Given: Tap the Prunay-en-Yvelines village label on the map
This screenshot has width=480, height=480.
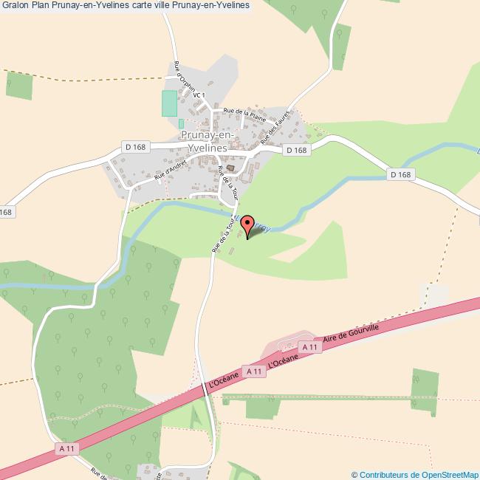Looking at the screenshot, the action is pos(208,142).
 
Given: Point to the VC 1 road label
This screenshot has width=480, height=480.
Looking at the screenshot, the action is pos(198,95).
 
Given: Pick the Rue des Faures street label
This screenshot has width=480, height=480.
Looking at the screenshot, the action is pos(278,131).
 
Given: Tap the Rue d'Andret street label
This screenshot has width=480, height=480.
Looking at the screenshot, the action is pos(168,171).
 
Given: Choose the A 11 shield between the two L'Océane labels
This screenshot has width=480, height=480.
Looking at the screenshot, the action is pos(253,371).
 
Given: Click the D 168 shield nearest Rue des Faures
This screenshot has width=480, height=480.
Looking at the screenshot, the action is pos(296,150).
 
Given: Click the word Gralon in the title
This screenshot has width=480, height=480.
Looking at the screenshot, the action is pos(15,6).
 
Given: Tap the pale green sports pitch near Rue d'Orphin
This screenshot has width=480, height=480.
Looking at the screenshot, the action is pos(170,103).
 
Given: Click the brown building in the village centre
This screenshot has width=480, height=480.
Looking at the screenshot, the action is pos(230,168).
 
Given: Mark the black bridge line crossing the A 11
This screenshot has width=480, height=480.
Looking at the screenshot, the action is pos(205,388).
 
